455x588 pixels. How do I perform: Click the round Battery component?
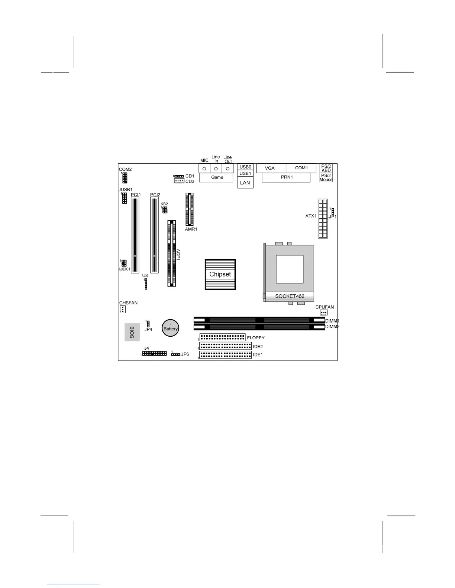(x=171, y=328)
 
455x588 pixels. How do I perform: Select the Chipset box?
(x=220, y=274)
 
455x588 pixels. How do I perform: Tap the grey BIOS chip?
(x=132, y=332)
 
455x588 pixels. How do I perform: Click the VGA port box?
(x=271, y=168)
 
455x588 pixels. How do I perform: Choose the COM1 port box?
(x=301, y=168)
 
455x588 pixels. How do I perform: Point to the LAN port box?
(x=245, y=183)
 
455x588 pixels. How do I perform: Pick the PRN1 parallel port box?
(x=286, y=177)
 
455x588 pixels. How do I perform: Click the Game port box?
(x=217, y=177)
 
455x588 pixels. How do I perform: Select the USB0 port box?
(x=245, y=167)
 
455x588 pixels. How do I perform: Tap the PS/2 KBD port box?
(x=326, y=168)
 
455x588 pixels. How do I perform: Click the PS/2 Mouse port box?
(x=326, y=177)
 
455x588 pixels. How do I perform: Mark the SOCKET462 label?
(x=290, y=296)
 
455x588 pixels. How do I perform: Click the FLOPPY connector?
(x=222, y=337)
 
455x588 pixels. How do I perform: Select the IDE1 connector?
(x=225, y=355)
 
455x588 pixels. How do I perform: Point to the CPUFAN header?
(x=323, y=313)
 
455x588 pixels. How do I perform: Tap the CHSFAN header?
(x=123, y=309)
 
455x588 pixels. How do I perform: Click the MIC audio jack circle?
(x=204, y=169)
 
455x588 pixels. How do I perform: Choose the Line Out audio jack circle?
(x=227, y=169)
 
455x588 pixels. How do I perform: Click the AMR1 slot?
(x=190, y=209)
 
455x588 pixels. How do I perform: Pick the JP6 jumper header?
(x=175, y=355)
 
